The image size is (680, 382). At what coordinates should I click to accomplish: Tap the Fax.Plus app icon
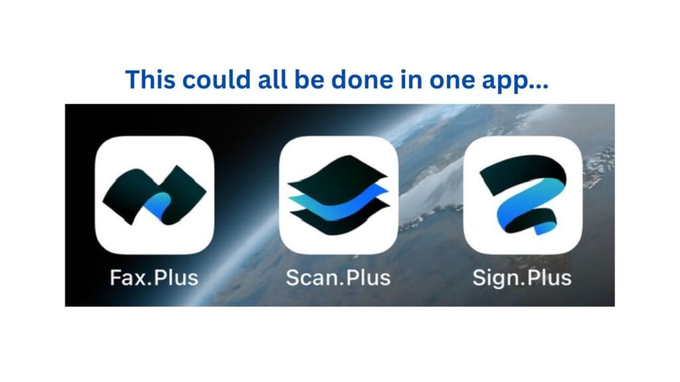click(x=154, y=195)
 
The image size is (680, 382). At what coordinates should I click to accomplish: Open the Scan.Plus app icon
click(x=339, y=195)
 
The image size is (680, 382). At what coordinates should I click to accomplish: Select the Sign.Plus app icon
click(x=523, y=195)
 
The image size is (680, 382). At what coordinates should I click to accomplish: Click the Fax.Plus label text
click(x=154, y=277)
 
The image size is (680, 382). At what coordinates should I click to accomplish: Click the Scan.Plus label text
click(x=339, y=277)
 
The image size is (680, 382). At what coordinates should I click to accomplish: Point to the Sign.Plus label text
click(x=522, y=277)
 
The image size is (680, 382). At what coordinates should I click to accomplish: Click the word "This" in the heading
click(x=150, y=80)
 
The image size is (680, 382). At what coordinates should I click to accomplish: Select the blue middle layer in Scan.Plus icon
click(x=339, y=200)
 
